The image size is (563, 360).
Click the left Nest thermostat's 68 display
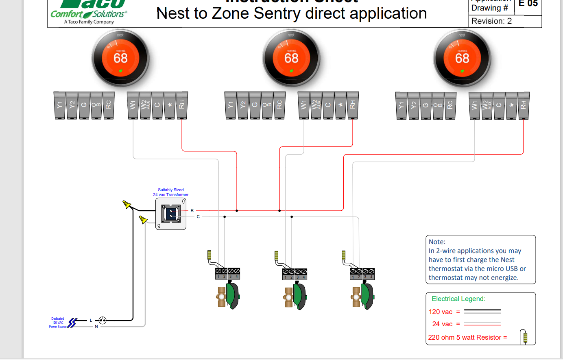tap(120, 58)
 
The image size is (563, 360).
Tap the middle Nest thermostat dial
tap(291, 58)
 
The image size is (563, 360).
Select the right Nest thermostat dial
tap(462, 58)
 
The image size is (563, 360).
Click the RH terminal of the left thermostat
tap(182, 105)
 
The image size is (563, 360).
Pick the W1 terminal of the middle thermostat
tap(303, 105)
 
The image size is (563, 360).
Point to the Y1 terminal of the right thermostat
tap(401, 105)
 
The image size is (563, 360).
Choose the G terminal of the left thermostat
tap(84, 105)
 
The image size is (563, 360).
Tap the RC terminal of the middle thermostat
tap(279, 105)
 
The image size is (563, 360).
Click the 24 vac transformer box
tap(171, 214)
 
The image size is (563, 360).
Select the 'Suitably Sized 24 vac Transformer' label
tap(170, 192)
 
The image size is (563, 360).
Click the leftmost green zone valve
tap(232, 296)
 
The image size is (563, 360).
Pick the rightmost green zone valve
tap(367, 296)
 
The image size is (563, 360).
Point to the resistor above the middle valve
tap(276, 256)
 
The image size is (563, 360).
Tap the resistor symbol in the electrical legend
tap(525, 337)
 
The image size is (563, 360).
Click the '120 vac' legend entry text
tap(441, 312)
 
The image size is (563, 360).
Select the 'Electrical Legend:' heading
tap(458, 299)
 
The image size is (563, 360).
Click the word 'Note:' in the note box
tap(437, 242)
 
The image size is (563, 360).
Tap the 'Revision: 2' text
tap(491, 21)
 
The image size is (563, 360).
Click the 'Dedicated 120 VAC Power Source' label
tap(57, 323)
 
